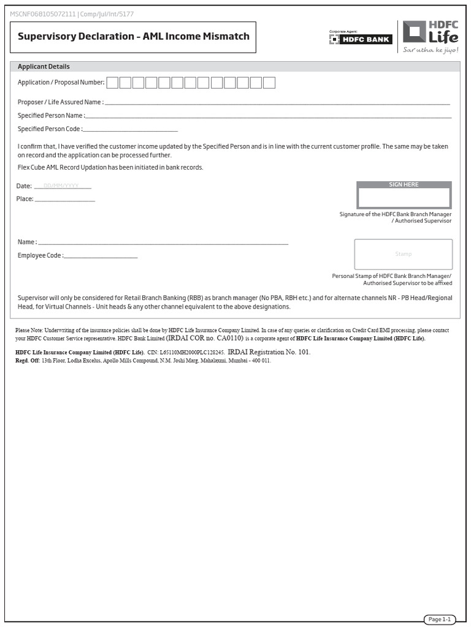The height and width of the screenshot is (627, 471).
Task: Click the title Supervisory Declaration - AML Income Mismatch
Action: coord(133,36)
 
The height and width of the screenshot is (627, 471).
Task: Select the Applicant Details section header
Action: coord(44,67)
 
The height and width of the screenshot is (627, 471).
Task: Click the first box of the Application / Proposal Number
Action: coord(112,83)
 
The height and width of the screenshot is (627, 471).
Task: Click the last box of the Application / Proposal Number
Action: coord(269,83)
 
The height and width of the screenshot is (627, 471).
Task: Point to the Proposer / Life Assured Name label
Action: coord(60,102)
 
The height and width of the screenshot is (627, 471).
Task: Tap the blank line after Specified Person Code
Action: coord(130,129)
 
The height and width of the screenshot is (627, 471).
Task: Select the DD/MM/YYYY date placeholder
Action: coord(62,186)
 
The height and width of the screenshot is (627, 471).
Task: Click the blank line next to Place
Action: coord(65,199)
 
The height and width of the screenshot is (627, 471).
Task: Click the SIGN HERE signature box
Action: coord(404,197)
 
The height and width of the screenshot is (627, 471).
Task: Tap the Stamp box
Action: coord(404,254)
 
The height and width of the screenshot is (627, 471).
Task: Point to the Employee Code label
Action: coord(40,255)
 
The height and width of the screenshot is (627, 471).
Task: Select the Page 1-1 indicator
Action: coord(439,620)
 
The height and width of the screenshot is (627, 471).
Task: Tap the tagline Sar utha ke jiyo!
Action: coord(431,50)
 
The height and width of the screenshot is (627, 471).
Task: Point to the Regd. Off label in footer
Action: coord(27,361)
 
